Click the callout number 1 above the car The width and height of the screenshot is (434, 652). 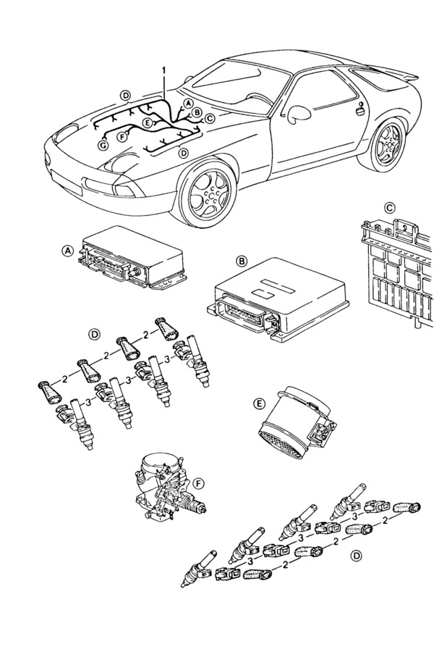pos(164,70)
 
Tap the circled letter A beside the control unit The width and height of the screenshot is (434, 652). pos(67,251)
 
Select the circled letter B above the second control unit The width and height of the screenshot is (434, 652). pos(242,260)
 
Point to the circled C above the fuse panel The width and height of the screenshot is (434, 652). pos(389,208)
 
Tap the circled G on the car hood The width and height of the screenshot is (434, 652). pos(103,145)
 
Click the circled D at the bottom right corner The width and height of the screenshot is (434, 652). pos(355,556)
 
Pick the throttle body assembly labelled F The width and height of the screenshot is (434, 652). pos(166,489)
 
